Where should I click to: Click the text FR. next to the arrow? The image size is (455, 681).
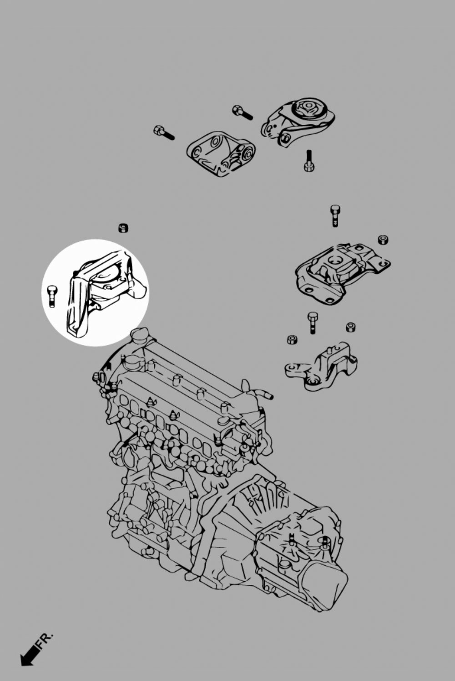pyautogui.click(x=45, y=639)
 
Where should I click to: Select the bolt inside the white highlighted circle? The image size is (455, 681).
pyautogui.click(x=52, y=296)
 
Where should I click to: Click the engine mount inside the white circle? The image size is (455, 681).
pyautogui.click(x=102, y=292)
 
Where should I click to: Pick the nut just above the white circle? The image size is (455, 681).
pyautogui.click(x=123, y=228)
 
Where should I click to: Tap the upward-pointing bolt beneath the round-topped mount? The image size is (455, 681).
pyautogui.click(x=309, y=161)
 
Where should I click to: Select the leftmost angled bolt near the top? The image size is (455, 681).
pyautogui.click(x=164, y=133)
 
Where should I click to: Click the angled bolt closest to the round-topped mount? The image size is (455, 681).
pyautogui.click(x=242, y=112)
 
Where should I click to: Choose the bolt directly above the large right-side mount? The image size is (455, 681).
pyautogui.click(x=335, y=215)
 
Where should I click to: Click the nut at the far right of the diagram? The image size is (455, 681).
pyautogui.click(x=383, y=240)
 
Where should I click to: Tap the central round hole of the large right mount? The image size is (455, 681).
pyautogui.click(x=336, y=261)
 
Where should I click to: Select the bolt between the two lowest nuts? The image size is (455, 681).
pyautogui.click(x=313, y=323)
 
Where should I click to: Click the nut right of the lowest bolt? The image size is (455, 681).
pyautogui.click(x=350, y=327)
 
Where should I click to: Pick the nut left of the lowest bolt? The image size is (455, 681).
pyautogui.click(x=292, y=339)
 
